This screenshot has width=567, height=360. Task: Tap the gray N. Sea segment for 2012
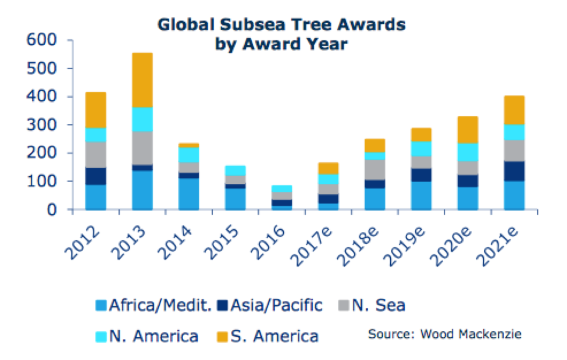[x=95, y=154]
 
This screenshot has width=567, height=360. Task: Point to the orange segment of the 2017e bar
[x=328, y=168]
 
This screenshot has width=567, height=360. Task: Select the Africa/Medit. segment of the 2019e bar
[x=421, y=195]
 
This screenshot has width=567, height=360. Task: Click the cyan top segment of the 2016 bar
[x=281, y=188]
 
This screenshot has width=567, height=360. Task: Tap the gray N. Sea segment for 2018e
[x=375, y=169]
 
